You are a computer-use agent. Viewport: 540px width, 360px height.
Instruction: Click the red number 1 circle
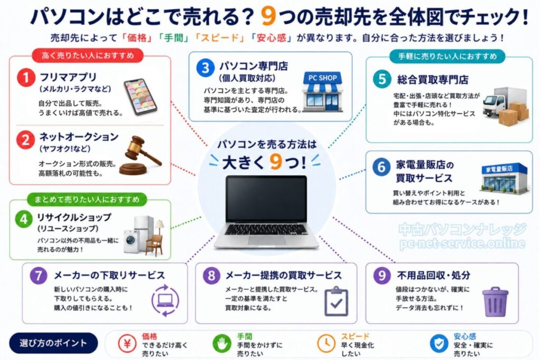(x=25, y=79)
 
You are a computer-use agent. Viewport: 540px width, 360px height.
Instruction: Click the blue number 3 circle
(x=204, y=67)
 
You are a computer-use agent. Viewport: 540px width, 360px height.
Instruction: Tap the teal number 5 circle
(x=381, y=79)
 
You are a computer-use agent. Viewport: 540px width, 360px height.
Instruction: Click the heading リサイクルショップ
(x=74, y=217)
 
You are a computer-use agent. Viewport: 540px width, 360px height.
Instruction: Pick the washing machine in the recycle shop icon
(x=131, y=241)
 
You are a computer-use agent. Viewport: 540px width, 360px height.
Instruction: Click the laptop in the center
(x=267, y=211)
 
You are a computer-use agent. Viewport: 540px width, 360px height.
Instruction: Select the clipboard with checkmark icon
(x=336, y=301)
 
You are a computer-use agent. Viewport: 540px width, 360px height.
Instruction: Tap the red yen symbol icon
(x=127, y=343)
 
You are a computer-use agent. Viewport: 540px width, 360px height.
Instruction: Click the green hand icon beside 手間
(x=221, y=343)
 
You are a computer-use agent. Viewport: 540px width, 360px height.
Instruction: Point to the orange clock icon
(x=325, y=343)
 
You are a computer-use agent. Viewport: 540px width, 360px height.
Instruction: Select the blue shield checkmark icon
(x=438, y=343)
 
